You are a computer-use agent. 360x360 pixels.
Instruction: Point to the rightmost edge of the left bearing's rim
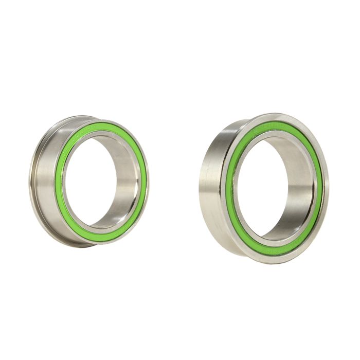click(x=148, y=180)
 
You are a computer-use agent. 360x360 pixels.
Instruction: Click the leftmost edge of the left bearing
click(x=30, y=180)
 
